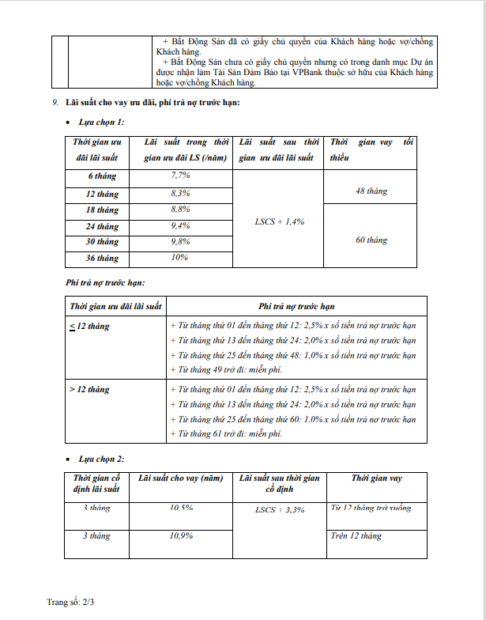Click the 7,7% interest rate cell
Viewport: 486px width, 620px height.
click(x=181, y=175)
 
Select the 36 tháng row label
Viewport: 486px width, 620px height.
click(x=102, y=259)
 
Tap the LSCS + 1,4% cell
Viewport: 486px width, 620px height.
click(x=281, y=221)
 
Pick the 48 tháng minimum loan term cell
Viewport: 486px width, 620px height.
click(x=371, y=191)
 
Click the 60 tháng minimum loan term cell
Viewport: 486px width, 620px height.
click(x=371, y=240)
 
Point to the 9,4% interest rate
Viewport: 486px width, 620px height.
click(x=181, y=225)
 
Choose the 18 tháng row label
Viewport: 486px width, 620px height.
click(x=102, y=210)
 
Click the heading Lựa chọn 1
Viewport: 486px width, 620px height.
click(x=100, y=123)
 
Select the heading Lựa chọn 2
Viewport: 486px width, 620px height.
click(x=100, y=459)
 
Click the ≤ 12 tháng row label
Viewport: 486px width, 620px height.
click(x=89, y=326)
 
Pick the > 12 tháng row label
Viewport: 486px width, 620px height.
click(x=89, y=390)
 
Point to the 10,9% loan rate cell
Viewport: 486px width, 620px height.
click(x=181, y=536)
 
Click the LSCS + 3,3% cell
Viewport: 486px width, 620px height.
click(x=280, y=510)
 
